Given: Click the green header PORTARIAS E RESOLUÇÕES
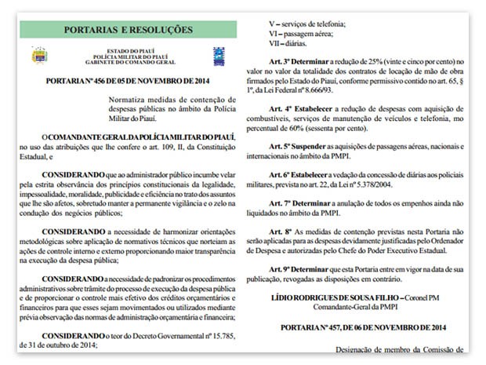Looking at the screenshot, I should click(x=128, y=30).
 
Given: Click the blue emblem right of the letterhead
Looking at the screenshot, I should click(x=219, y=56).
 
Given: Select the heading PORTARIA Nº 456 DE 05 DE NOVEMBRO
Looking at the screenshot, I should click(x=128, y=80).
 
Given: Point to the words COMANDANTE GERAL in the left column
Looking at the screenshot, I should click(x=85, y=136).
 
